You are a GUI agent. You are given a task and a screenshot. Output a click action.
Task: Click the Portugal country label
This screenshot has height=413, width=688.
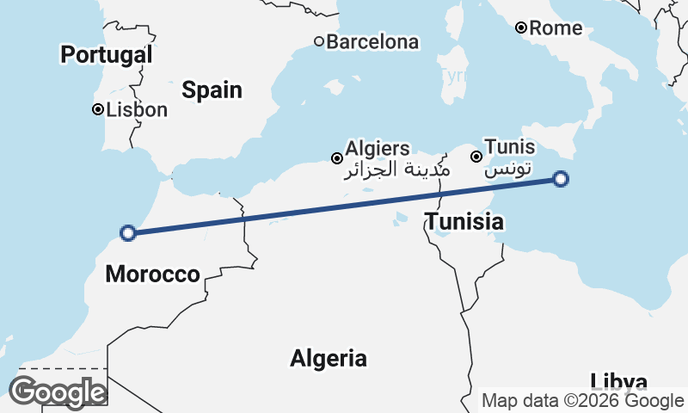pyautogui.click(x=106, y=56)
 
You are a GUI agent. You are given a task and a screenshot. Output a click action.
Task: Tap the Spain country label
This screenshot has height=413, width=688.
pyautogui.click(x=212, y=90)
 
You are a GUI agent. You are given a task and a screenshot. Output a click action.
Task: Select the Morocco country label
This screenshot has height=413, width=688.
pyautogui.click(x=152, y=274)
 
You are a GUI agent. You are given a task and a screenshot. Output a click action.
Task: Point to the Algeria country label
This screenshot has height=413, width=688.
pyautogui.click(x=329, y=358)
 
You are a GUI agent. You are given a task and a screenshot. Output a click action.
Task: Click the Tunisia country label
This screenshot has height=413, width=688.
pyautogui.click(x=464, y=222)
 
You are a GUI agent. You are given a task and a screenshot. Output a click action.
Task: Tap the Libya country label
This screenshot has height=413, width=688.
pyautogui.click(x=619, y=381)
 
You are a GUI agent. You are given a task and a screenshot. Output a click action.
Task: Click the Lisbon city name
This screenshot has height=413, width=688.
pyautogui.click(x=137, y=110)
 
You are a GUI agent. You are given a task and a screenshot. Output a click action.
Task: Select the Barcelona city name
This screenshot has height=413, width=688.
pyautogui.click(x=372, y=41)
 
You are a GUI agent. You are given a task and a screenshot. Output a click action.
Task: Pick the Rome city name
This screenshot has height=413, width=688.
pyautogui.click(x=556, y=28)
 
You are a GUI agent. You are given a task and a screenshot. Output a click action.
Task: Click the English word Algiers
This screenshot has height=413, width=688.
pyautogui.click(x=378, y=149)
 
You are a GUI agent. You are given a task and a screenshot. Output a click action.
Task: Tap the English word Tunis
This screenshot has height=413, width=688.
pyautogui.click(x=509, y=147)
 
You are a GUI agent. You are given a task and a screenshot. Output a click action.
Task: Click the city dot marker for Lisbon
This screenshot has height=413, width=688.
pyautogui.click(x=98, y=109)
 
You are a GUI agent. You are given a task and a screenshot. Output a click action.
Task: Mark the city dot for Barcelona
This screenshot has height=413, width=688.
pyautogui.click(x=318, y=40)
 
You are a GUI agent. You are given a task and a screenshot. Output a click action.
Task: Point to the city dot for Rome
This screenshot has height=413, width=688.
pyautogui.click(x=520, y=28)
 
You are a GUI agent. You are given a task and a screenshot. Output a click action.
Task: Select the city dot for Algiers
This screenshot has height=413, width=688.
pyautogui.click(x=337, y=157)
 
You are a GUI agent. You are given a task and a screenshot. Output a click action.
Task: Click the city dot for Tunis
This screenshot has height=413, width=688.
pyautogui.click(x=476, y=157)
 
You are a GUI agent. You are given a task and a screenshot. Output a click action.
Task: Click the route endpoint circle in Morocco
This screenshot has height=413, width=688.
pyautogui.click(x=128, y=232)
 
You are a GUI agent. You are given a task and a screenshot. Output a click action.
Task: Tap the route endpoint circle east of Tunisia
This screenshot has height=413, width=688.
pyautogui.click(x=561, y=179)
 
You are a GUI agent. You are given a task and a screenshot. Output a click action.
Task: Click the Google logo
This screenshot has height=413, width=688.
pyautogui.click(x=57, y=392)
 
